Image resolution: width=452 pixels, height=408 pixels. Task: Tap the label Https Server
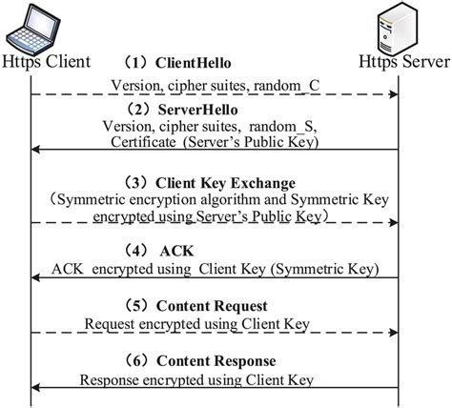click(401, 62)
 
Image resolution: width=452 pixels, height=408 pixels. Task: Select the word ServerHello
click(196, 110)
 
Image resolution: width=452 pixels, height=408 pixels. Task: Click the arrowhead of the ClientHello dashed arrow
click(392, 94)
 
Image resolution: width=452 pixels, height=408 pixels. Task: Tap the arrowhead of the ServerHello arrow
click(36, 150)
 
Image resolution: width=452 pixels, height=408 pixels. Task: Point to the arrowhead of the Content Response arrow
click(36, 388)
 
